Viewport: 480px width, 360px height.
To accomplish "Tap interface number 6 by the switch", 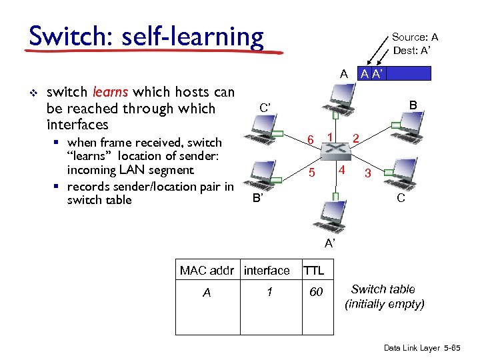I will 311,139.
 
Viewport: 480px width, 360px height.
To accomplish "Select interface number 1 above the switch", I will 330,137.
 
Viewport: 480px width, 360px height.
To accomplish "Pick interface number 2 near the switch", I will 357,139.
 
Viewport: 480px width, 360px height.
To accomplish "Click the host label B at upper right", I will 413,105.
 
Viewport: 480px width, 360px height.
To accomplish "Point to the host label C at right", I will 400,198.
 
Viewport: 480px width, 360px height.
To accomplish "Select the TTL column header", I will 313,270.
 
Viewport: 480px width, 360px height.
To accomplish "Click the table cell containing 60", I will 316,292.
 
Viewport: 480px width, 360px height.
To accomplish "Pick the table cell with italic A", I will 207,292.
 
